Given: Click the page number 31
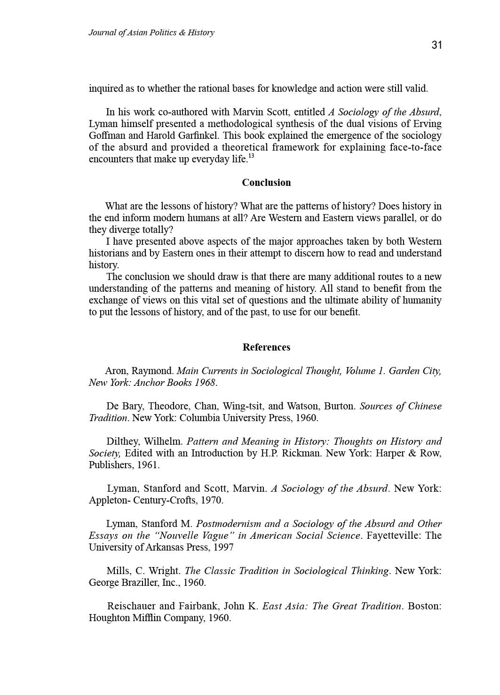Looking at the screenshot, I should tap(436, 45).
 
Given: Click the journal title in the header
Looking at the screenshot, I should tap(151, 32).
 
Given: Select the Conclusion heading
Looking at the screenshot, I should tap(266, 183).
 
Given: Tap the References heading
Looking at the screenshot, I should tap(266, 347).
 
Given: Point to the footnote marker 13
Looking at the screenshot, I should tap(251, 156).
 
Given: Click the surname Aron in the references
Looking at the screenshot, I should tap(115, 371).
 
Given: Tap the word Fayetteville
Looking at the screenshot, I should tap(393, 535).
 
